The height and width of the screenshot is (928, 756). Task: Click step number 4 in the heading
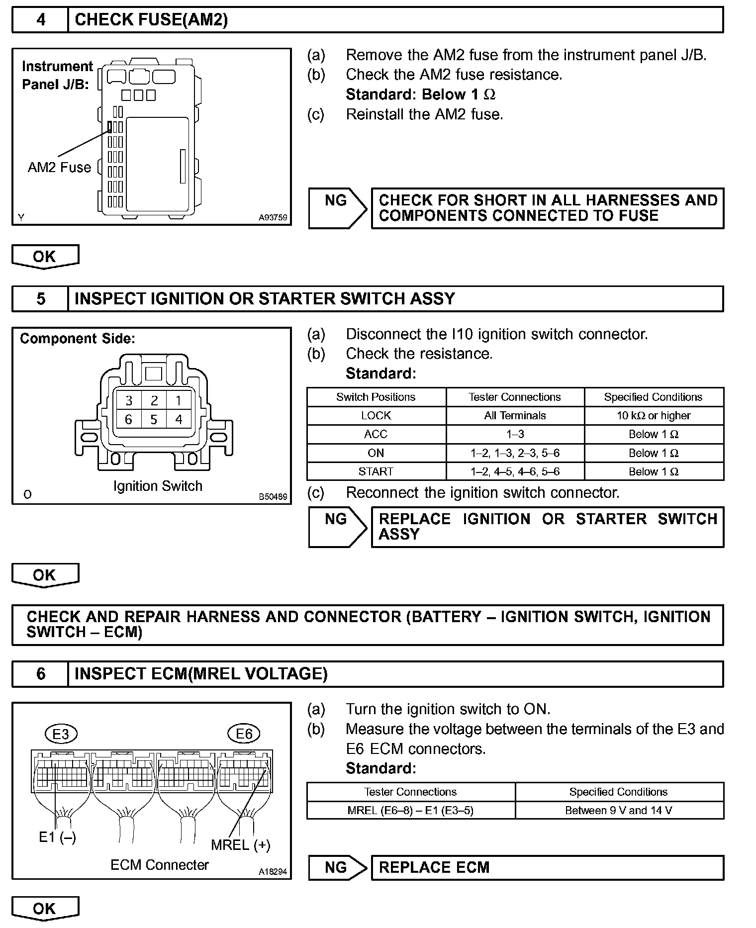point(40,20)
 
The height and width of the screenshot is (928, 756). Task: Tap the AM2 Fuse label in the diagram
point(59,167)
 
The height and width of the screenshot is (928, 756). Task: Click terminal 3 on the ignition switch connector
point(129,400)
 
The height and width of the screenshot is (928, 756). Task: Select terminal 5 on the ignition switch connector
point(154,420)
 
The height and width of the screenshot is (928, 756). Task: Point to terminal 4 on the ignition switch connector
point(179,420)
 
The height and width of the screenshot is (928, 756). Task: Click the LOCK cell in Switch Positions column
point(376,416)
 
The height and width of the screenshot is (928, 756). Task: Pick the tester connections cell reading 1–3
point(515,434)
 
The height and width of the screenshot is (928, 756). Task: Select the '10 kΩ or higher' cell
point(654,416)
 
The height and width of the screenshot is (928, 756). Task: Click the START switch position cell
point(376,471)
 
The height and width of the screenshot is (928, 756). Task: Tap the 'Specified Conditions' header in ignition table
point(653,397)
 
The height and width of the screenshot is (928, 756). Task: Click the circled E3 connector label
point(61,734)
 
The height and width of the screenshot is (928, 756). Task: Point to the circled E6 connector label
point(244,734)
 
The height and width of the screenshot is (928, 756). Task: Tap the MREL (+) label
point(241,844)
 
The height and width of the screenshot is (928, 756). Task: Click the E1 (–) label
point(57,837)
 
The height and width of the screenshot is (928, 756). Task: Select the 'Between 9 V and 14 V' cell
point(619,811)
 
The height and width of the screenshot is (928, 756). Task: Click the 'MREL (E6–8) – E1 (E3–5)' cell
point(410,811)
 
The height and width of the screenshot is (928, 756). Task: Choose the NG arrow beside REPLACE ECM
point(337,868)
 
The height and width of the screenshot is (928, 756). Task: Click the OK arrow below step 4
point(45,257)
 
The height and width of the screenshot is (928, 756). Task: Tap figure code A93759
point(273,217)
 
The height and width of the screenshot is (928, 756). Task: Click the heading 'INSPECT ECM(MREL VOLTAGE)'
point(201,674)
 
